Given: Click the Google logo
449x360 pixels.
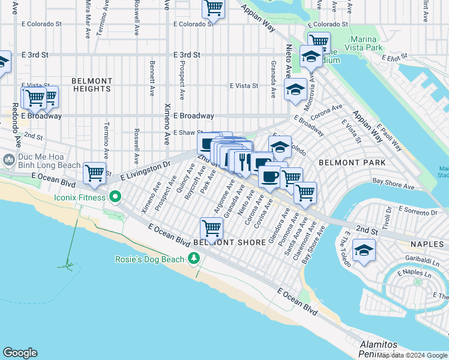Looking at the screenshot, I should point(20,353).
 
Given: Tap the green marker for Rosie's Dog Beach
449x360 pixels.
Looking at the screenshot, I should point(193,259).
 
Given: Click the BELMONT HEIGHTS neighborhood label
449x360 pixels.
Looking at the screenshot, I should point(92,85).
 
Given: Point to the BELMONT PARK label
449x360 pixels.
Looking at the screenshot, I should point(344,162).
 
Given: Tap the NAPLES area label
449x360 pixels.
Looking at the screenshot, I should point(427,244).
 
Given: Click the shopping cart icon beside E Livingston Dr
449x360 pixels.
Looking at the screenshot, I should point(95,173).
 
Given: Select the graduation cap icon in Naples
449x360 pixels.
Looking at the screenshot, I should point(364,250).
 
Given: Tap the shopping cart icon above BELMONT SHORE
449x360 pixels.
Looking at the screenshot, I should point(211,228).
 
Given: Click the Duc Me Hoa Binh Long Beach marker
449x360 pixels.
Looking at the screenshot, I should point(8,160).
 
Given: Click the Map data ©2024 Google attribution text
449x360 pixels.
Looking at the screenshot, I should point(412,355).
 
